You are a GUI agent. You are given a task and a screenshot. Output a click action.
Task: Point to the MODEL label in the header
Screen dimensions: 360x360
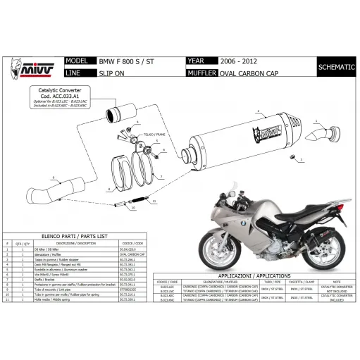coord(76,61)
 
